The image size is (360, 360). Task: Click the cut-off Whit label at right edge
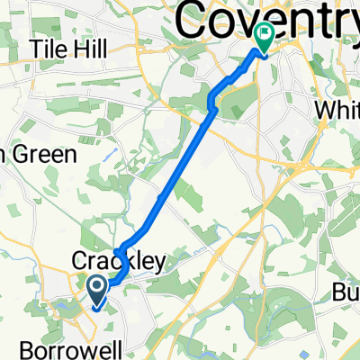[340, 108]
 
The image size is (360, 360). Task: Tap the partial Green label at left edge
[36, 154]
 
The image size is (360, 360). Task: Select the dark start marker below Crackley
[96, 288]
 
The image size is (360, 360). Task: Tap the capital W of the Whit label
[327, 108]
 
